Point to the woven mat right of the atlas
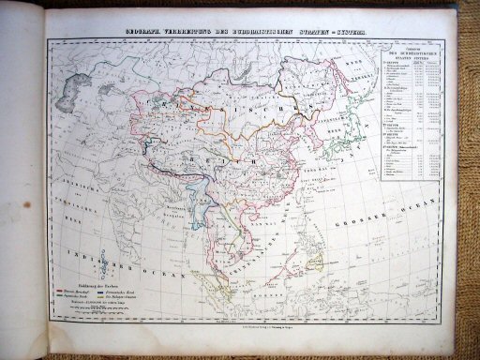(464, 187)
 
